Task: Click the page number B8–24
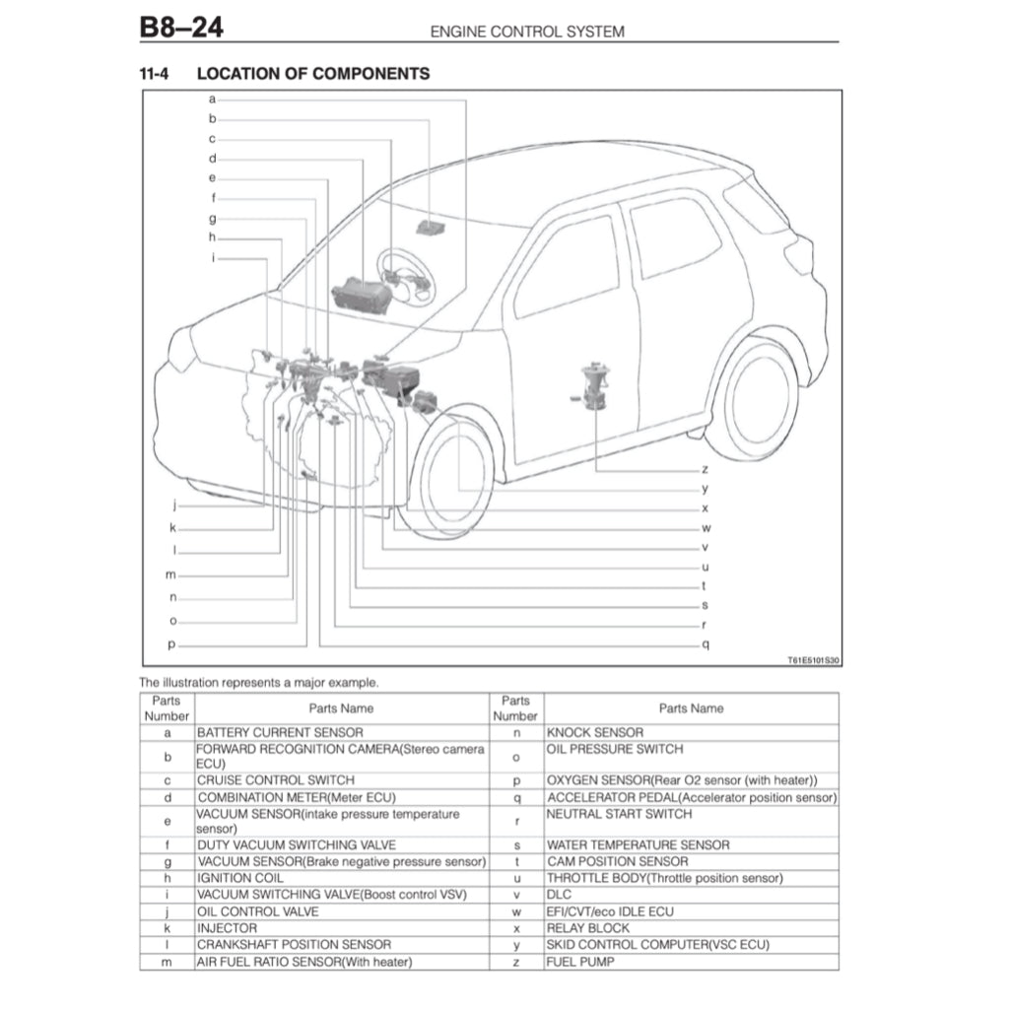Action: (181, 27)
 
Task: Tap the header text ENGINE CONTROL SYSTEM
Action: (527, 32)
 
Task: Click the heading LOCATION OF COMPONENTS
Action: (313, 74)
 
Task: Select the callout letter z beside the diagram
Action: (705, 470)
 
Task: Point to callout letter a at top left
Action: (211, 99)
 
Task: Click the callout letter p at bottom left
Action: (171, 644)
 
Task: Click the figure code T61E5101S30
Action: (813, 661)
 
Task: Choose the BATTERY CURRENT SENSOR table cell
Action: (280, 732)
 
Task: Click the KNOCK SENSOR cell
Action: (595, 732)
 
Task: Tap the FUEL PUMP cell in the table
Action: (580, 961)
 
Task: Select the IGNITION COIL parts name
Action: (240, 877)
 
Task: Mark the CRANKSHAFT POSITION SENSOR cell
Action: (294, 944)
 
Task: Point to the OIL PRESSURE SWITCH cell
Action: (615, 749)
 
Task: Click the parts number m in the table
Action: (168, 961)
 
